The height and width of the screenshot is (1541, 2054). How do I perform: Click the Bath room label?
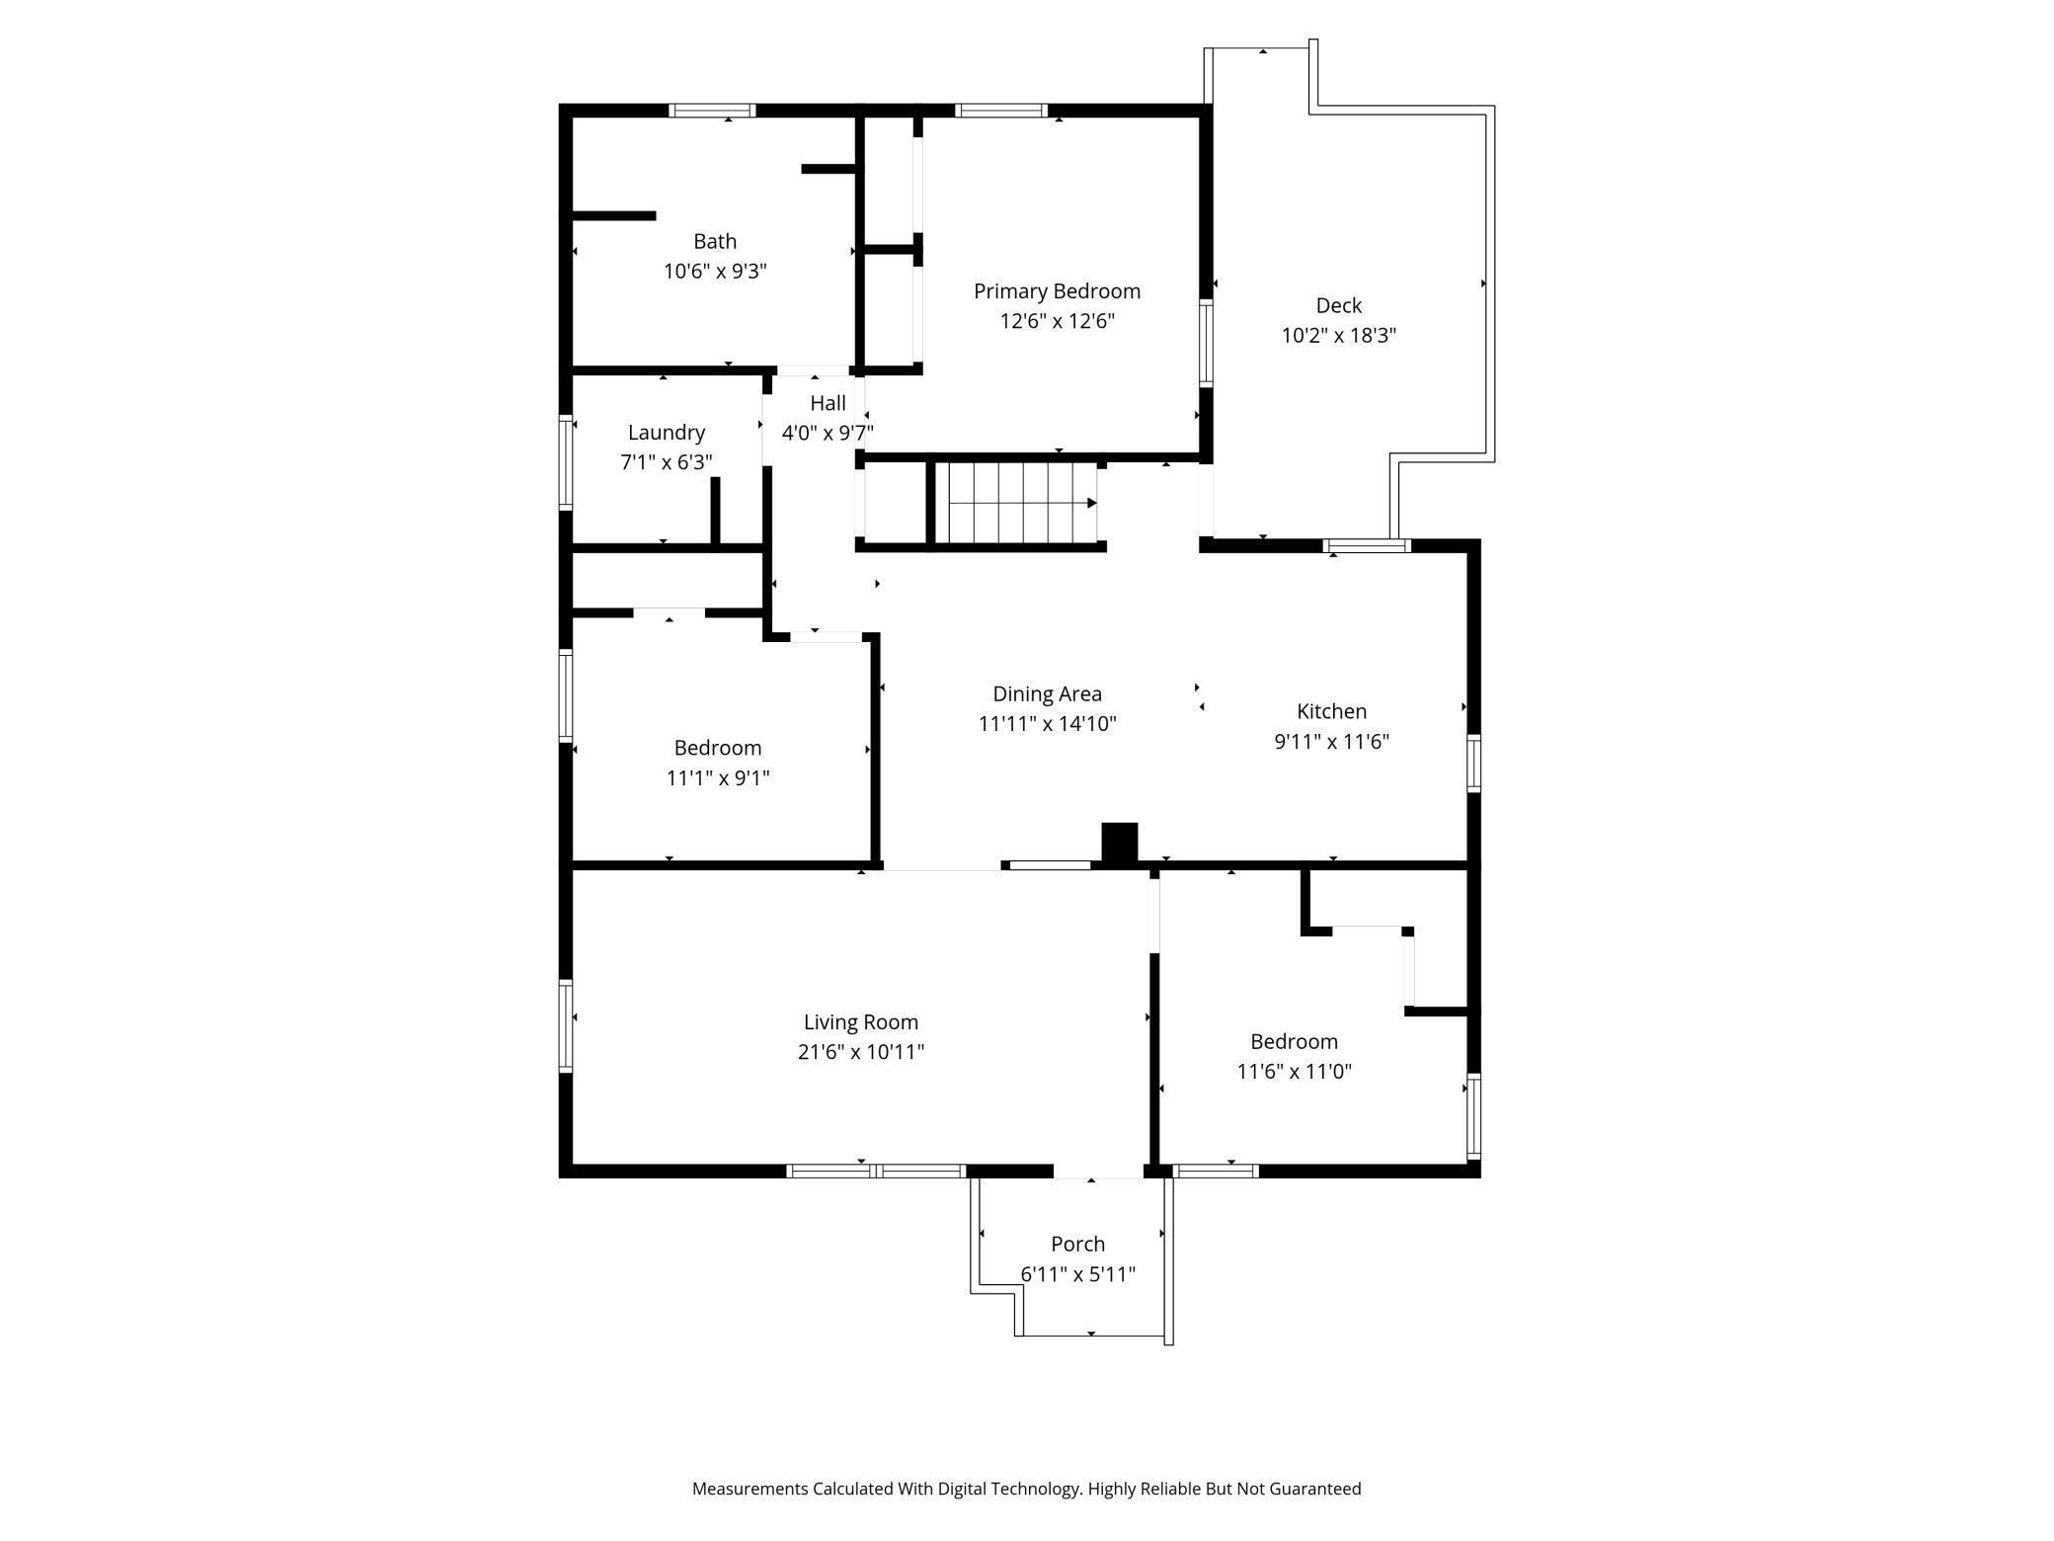pos(715,241)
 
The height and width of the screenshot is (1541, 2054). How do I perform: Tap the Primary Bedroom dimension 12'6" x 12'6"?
pos(1057,321)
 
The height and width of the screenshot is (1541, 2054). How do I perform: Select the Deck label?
pos(1338,305)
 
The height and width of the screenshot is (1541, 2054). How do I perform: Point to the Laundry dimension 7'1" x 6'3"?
pos(667,462)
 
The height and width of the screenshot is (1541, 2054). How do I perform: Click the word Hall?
pos(828,403)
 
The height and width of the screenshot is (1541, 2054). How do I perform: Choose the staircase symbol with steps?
pos(1016,503)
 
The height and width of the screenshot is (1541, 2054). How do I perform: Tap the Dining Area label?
pos(1047,694)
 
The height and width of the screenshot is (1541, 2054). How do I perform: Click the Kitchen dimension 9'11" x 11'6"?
pos(1331,741)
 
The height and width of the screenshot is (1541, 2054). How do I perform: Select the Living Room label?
pos(860,1022)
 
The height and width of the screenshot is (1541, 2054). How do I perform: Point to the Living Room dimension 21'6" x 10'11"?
pos(860,1052)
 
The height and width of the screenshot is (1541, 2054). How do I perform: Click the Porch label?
pos(1077,1245)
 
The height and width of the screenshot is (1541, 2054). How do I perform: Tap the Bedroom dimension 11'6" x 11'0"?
pos(1294,1071)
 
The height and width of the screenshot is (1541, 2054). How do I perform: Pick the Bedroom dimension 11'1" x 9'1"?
pos(718,777)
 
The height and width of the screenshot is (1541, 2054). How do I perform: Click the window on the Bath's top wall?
pos(712,111)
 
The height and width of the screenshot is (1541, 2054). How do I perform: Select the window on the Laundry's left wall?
pos(566,463)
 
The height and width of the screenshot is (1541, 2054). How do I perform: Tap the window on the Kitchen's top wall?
pos(1367,545)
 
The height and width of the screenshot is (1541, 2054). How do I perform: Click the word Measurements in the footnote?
pos(750,1489)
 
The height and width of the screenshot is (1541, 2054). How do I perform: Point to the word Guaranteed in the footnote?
pos(1314,1489)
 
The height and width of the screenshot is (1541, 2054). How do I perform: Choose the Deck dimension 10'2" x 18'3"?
pos(1338,335)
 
